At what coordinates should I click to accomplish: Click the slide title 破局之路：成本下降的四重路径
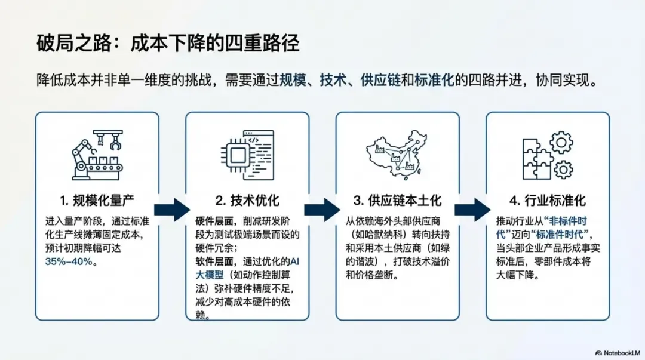point(168,44)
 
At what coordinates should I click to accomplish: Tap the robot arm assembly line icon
point(97,155)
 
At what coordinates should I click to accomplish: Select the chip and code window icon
point(247,153)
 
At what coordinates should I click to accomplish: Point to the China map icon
point(397,155)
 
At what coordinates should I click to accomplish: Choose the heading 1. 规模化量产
point(97,200)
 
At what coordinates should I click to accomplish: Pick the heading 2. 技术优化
point(247,200)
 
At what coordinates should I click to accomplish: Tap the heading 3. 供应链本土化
point(397,200)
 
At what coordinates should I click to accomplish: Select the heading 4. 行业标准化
point(547,200)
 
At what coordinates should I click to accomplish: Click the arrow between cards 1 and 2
point(172,210)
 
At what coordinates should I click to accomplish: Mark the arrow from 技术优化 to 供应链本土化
point(322,210)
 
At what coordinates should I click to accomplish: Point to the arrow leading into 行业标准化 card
point(472,210)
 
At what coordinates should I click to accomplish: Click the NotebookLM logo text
point(621,353)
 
